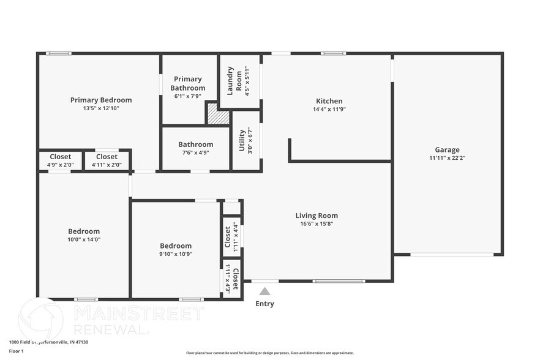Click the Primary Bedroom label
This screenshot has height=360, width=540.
coord(101,100)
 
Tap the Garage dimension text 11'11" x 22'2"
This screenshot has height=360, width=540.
coord(447,158)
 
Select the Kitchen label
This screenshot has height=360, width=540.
coord(329,101)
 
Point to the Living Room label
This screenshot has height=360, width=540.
coord(317,216)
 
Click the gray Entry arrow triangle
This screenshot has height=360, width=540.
coord(264,291)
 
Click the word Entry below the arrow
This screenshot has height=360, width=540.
coord(264,304)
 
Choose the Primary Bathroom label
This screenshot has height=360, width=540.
coord(188,83)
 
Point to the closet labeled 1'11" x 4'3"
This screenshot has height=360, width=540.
coord(231,279)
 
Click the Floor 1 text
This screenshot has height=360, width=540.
coord(16,351)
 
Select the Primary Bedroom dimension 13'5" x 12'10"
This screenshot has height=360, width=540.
coord(101,108)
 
